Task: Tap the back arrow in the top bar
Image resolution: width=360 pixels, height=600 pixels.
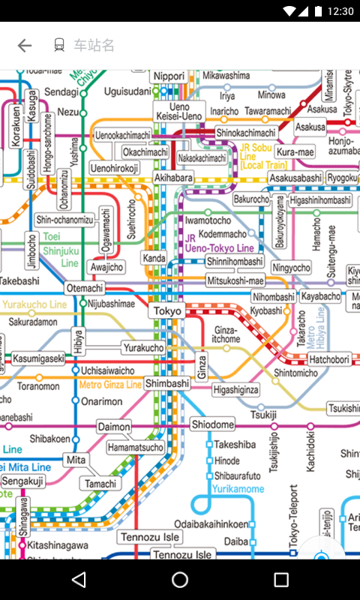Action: [x=25, y=45]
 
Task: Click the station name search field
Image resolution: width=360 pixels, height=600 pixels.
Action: [x=94, y=45]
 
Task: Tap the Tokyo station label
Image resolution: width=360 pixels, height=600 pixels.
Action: [x=167, y=310]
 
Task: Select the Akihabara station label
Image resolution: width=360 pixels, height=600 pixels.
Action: [x=173, y=178]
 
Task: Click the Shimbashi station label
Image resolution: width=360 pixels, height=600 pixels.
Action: [x=167, y=382]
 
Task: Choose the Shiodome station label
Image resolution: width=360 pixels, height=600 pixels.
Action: [x=212, y=424]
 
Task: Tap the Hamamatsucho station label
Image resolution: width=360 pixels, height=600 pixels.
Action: [x=135, y=448]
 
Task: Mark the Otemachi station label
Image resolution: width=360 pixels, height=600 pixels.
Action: [x=85, y=288]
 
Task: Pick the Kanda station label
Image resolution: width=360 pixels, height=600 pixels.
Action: [x=154, y=259]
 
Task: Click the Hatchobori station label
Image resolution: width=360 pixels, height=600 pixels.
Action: [x=330, y=359]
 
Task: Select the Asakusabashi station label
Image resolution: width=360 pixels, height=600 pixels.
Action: [x=295, y=178]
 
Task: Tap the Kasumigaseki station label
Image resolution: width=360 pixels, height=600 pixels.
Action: [x=38, y=358]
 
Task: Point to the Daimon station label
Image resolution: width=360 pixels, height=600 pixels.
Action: [x=114, y=427]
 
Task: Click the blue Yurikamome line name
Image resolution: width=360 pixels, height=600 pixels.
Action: [x=238, y=489]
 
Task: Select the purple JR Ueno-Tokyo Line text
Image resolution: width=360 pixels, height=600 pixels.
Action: [x=219, y=243]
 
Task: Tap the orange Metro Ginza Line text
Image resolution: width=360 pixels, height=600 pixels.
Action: [x=110, y=385]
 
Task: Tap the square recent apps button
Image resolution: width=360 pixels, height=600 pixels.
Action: [x=281, y=579]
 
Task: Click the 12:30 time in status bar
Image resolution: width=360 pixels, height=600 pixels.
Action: [x=340, y=11]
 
